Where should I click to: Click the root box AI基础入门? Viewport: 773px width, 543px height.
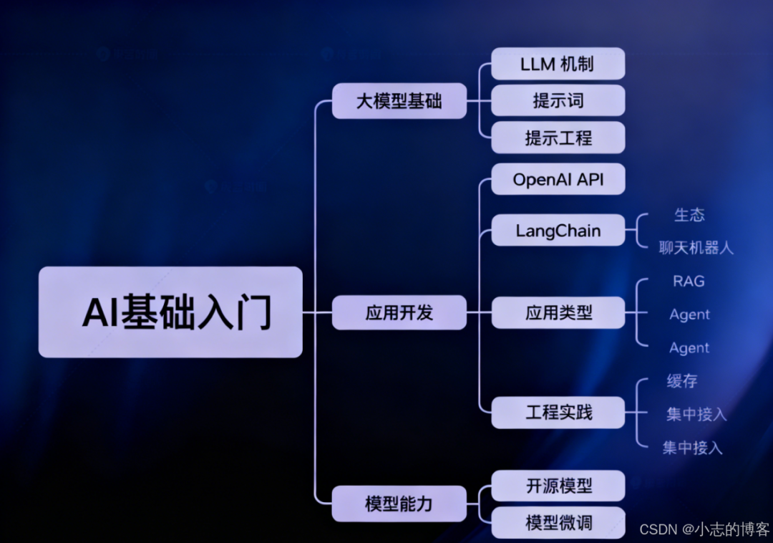tap(170, 312)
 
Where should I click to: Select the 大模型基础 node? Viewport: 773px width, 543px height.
tap(399, 101)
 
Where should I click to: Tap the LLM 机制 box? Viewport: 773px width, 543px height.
tap(558, 64)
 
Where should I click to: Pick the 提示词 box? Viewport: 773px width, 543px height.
tap(558, 100)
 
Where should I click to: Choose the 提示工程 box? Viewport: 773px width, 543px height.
tap(558, 138)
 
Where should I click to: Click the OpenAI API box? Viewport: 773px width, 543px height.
tap(558, 179)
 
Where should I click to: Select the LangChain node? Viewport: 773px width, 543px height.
tap(558, 231)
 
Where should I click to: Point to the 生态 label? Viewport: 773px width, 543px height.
tap(689, 214)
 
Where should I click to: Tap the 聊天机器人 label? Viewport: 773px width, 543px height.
tap(696, 248)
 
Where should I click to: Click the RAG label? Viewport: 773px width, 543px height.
tap(689, 281)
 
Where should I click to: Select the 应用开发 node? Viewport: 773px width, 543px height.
tap(399, 312)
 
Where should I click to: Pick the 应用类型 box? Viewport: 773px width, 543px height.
tap(558, 312)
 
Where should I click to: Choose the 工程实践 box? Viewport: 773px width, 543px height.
tap(558, 413)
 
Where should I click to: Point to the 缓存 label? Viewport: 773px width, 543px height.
tap(682, 381)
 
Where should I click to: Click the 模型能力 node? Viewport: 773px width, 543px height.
tap(399, 504)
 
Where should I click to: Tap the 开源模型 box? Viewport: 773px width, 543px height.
tap(558, 486)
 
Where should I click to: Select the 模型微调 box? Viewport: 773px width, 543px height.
tap(558, 522)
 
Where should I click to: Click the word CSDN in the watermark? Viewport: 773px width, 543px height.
tap(658, 529)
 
